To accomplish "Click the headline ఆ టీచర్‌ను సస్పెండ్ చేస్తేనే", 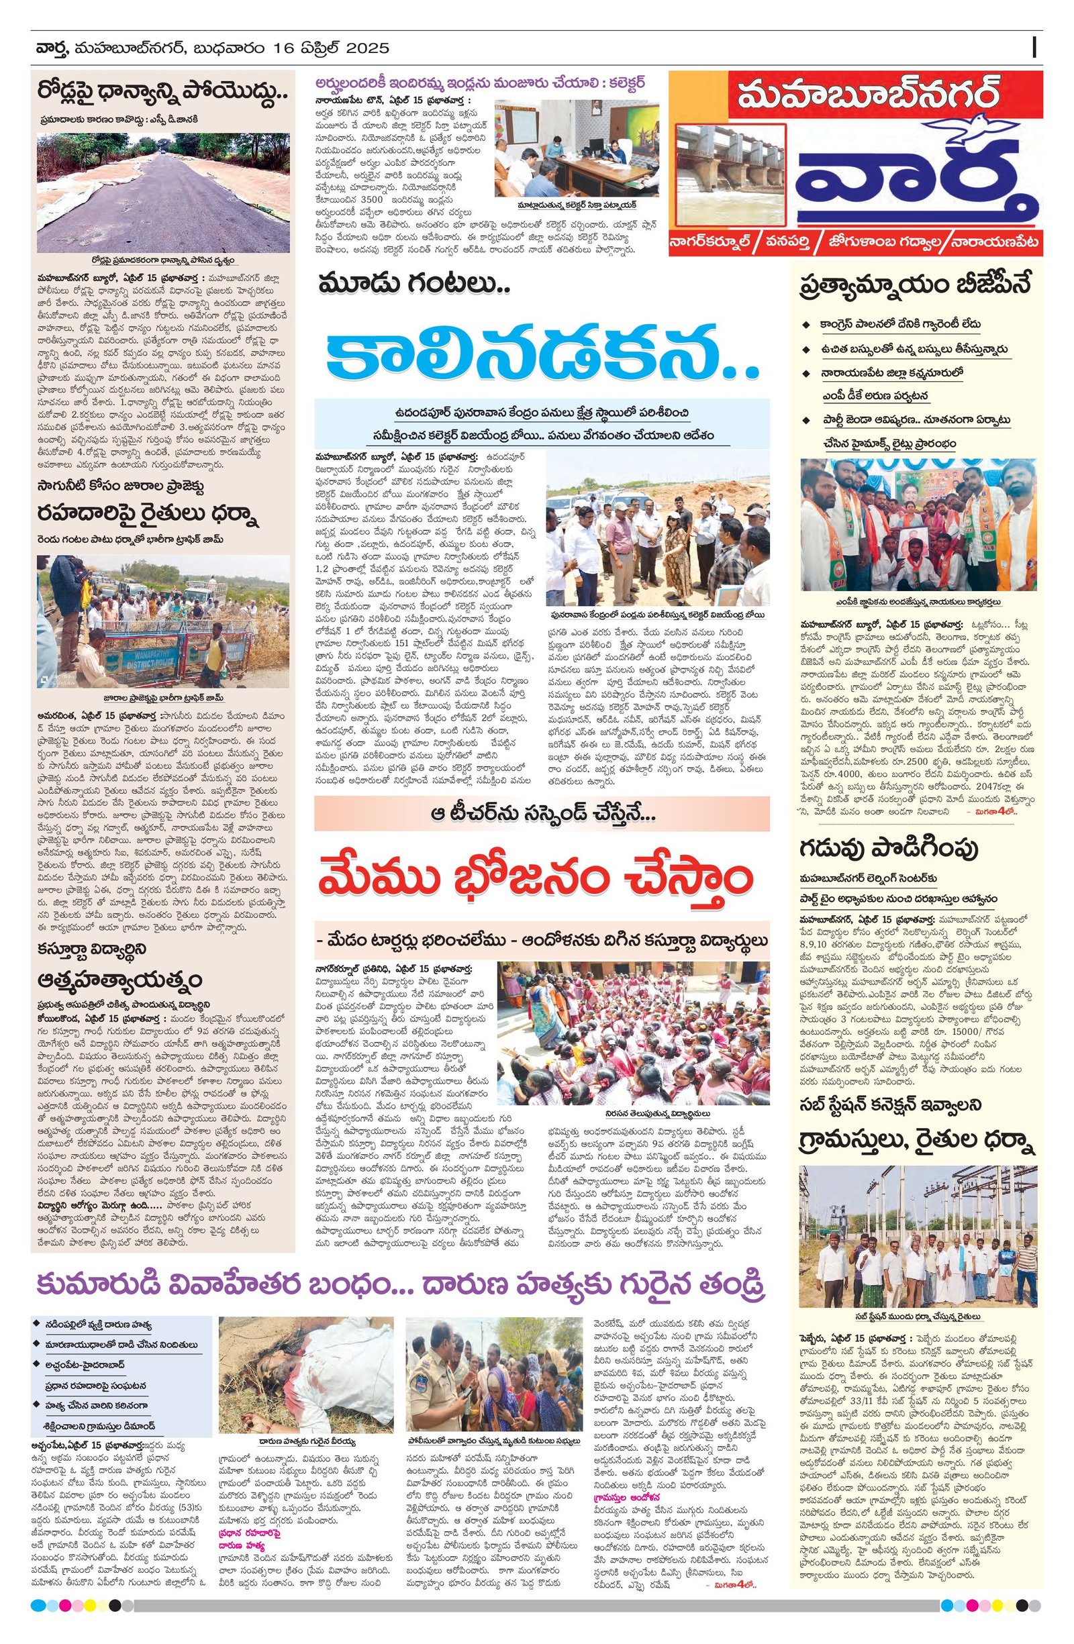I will pyautogui.click(x=541, y=814).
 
